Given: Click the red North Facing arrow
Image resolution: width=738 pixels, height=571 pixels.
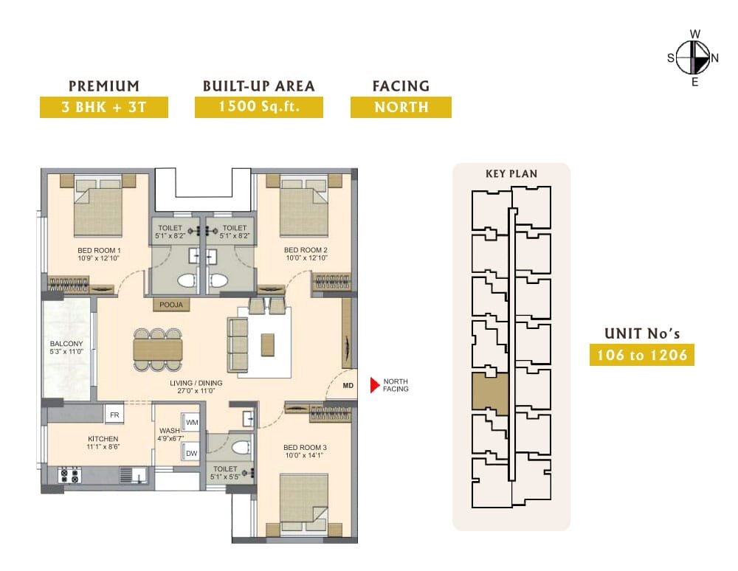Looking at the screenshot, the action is (x=374, y=385).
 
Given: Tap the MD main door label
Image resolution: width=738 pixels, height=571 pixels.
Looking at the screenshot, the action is (x=348, y=386).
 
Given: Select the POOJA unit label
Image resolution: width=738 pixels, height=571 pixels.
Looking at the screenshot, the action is (x=171, y=305).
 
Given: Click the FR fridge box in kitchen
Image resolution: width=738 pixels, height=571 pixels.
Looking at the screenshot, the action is (x=114, y=415).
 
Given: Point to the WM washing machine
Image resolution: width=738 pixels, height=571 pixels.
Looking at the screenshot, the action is (x=192, y=423).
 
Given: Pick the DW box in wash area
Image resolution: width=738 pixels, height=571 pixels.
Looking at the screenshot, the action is (x=191, y=453).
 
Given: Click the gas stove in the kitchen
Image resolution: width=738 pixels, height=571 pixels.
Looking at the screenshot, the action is (x=69, y=475).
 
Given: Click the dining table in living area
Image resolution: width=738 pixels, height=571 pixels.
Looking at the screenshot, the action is (x=158, y=350).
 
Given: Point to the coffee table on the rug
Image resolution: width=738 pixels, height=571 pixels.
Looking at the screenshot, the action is (x=268, y=345).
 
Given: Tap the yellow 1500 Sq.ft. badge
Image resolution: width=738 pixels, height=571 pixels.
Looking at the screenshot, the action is (x=259, y=107).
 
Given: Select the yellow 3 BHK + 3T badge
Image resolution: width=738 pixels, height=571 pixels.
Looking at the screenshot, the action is (x=104, y=107).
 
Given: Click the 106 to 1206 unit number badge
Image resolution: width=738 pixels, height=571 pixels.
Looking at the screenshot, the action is (x=642, y=355).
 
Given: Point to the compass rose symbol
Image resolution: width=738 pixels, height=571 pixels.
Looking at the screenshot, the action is (x=694, y=58).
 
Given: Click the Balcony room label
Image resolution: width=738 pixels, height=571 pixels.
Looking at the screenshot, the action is (x=66, y=347).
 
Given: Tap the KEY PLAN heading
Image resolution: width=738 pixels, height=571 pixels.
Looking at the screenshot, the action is (x=511, y=173).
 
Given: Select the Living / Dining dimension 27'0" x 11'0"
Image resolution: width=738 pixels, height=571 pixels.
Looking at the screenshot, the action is (x=196, y=390).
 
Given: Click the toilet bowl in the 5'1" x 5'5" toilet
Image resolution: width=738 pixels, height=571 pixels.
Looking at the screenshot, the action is (x=241, y=447).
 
